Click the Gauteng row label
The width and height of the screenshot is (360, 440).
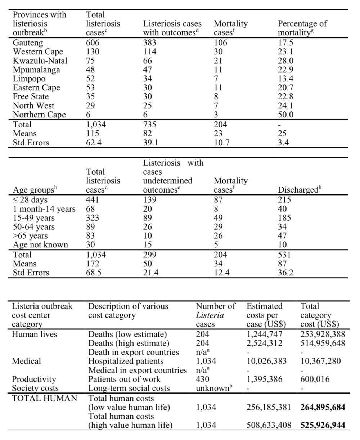(x=28, y=43)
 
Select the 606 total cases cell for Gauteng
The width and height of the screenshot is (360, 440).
(x=93, y=43)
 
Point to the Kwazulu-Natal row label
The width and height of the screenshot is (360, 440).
(x=40, y=61)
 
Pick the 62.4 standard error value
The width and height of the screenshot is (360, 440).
(x=94, y=143)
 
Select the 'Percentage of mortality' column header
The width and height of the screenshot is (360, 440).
(x=302, y=28)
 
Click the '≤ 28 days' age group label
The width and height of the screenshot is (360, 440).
(x=30, y=200)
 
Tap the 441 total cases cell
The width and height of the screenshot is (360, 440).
(x=93, y=200)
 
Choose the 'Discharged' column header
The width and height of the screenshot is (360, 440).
(x=299, y=190)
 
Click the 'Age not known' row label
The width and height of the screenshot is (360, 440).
(x=40, y=245)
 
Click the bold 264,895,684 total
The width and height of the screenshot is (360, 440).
(x=322, y=408)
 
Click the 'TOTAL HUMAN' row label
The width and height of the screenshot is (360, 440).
(x=44, y=399)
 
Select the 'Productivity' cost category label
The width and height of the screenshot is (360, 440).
(x=34, y=379)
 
